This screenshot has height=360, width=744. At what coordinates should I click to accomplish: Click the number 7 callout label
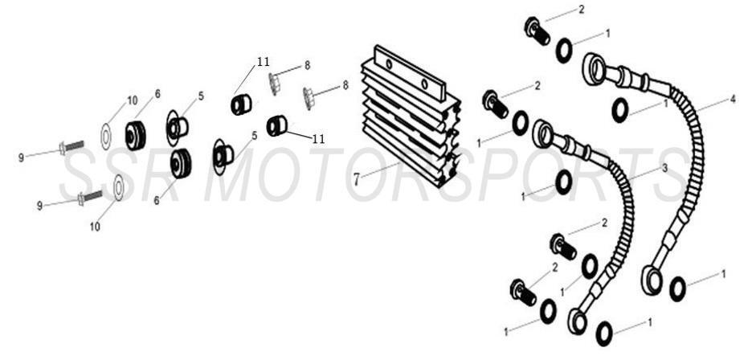356,179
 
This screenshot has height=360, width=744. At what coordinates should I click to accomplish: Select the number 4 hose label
732,100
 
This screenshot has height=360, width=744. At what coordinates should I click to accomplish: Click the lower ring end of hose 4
652,280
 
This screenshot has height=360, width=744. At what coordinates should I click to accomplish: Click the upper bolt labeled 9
71,147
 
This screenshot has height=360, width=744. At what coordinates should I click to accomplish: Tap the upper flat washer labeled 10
106,135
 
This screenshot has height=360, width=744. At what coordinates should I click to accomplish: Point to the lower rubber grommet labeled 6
180,163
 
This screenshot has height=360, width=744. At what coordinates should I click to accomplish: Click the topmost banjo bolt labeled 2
535,31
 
